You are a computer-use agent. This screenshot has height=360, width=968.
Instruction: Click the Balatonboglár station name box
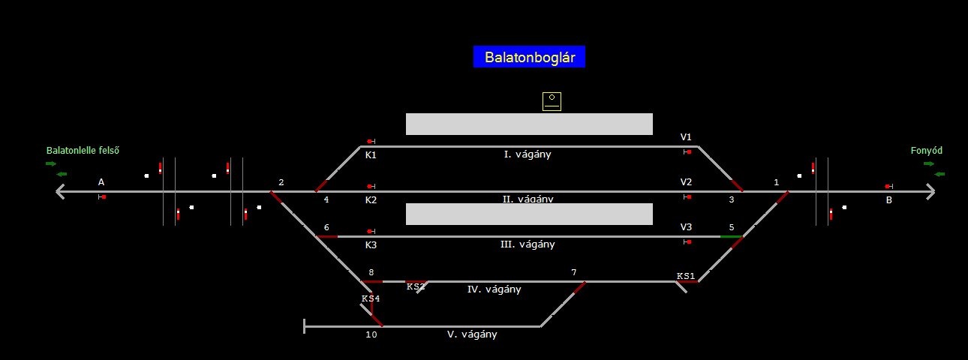(529, 57)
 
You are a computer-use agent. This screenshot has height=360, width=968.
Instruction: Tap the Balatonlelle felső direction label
(83, 151)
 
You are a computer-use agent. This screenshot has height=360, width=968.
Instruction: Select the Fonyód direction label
(926, 151)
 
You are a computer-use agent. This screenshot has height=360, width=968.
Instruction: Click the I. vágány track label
(528, 154)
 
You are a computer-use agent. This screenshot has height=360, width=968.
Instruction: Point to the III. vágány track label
(528, 244)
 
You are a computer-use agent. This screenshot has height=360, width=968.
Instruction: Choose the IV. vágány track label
(494, 289)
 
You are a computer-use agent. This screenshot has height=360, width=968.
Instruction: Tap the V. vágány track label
(472, 334)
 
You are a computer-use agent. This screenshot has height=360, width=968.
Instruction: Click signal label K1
(371, 155)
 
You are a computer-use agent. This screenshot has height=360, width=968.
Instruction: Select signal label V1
(686, 137)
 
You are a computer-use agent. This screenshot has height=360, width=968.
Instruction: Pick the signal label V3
(686, 227)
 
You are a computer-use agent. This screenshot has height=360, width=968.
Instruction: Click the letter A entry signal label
(101, 182)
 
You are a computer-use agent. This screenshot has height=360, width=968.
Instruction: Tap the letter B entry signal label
(889, 200)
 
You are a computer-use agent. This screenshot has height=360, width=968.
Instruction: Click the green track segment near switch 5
(731, 237)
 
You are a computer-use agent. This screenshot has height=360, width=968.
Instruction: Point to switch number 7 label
(574, 272)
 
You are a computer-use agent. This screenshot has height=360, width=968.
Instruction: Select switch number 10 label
(371, 334)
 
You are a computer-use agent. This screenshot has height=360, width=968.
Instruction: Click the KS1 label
(686, 276)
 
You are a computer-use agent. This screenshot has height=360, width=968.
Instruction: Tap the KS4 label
(371, 298)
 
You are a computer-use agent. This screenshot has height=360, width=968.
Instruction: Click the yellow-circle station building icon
(552, 101)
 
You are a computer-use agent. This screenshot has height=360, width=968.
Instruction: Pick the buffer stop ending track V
(305, 326)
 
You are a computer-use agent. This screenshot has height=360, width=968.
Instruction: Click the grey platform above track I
(529, 124)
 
